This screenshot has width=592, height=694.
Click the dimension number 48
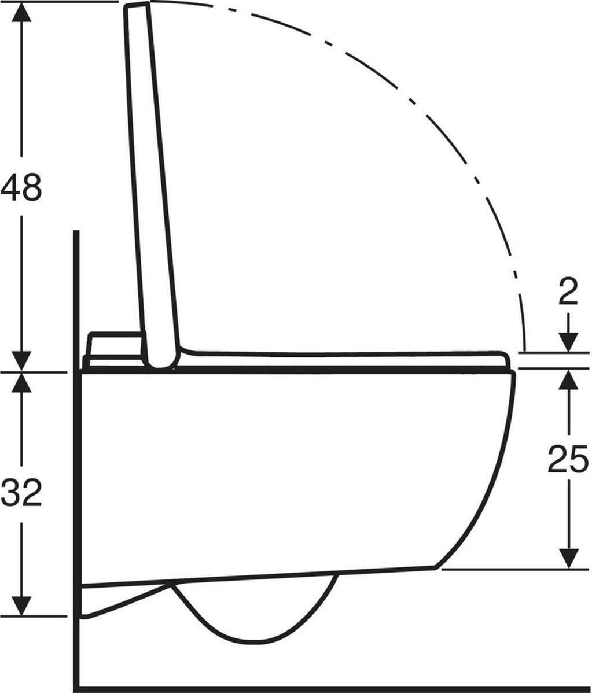[21, 187]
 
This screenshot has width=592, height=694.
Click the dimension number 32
[21, 493]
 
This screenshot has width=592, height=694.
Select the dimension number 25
[568, 459]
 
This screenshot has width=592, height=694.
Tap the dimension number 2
[568, 291]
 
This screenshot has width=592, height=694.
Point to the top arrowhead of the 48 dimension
[21, 12]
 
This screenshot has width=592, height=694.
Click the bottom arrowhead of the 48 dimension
[21, 361]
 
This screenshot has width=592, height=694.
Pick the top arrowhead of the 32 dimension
[21, 382]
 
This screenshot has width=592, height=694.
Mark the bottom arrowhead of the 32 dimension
[21, 606]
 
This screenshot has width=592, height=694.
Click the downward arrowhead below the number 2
[568, 342]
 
